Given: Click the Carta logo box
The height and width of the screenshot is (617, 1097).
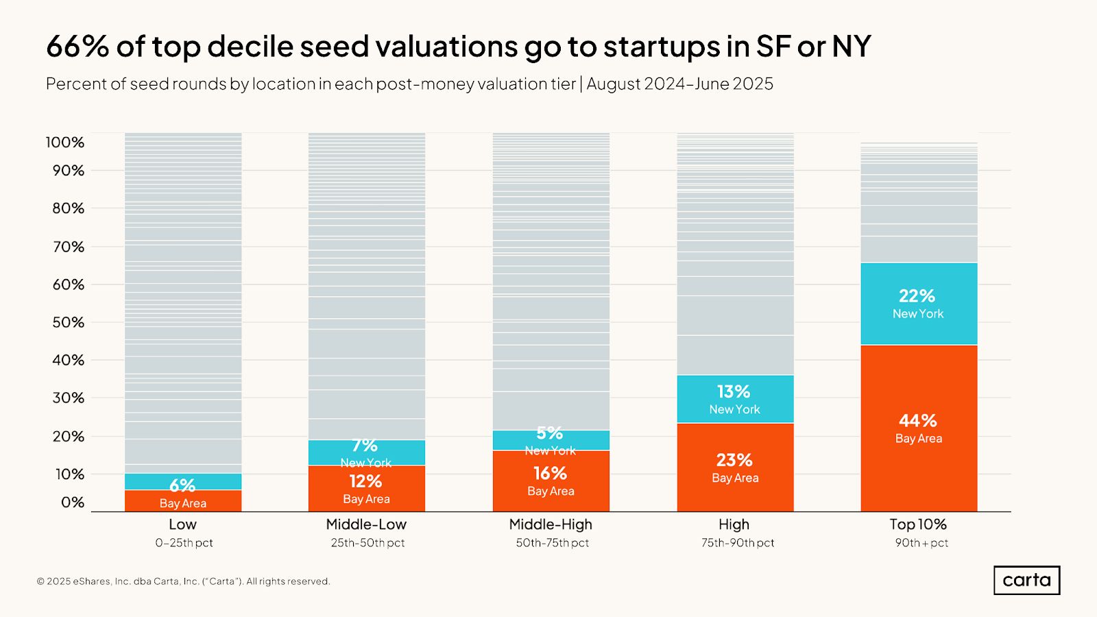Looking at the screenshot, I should coord(1026,580).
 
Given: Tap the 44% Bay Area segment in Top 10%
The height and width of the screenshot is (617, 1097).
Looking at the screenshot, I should coord(919,428).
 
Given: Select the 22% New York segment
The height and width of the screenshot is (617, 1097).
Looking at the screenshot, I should coord(919,304).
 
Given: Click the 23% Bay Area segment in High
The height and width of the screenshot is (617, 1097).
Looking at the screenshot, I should coord(735,468).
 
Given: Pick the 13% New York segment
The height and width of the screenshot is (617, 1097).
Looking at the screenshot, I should coord(735,399).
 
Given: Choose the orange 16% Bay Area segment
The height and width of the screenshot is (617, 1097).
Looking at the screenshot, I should coord(551,481).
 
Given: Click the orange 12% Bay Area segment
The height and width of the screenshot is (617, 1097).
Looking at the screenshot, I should coord(366,489).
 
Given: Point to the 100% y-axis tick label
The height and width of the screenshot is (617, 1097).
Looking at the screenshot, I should coord(65,143).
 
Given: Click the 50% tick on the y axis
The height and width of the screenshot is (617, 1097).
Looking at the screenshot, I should coord(68,322).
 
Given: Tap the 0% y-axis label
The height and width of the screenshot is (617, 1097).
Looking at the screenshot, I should coord(72,503).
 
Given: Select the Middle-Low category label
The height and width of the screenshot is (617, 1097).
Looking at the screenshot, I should coord(366,524).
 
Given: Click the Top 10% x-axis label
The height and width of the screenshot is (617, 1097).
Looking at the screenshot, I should coord(918,524).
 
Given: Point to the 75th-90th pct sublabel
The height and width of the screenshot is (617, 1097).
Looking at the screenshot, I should coord(738,543).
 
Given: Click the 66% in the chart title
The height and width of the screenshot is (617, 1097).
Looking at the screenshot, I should coord(77,47).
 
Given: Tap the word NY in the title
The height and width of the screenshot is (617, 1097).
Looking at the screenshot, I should coord(851,47).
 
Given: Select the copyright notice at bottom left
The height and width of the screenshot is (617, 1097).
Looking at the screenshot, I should coord(184,581).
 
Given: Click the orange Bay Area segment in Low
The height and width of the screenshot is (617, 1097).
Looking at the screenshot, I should coord(183,501).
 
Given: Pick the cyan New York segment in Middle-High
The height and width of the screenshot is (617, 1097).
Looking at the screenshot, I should coord(551,440).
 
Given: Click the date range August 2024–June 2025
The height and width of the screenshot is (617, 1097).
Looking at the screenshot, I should coord(679,84).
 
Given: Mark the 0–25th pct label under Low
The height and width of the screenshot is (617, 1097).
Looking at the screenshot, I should coord(184,543).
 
